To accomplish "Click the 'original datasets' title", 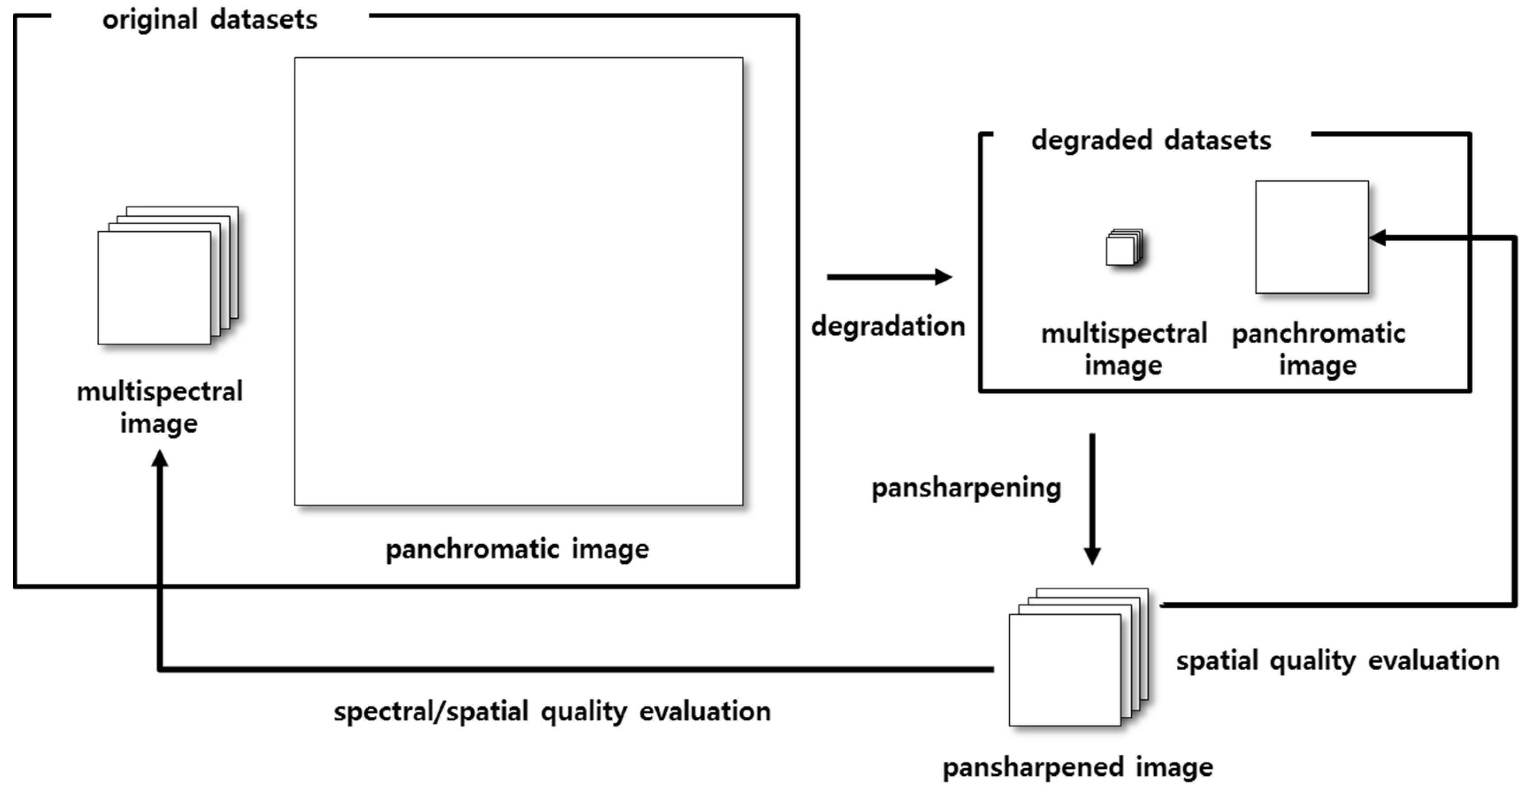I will [210, 19].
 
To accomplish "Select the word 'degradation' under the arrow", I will [888, 326].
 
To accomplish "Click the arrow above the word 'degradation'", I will [889, 277].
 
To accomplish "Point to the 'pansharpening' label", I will [966, 488].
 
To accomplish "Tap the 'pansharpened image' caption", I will [1077, 767].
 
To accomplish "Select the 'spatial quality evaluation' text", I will [1337, 661].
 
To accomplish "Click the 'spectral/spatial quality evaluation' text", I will [552, 711].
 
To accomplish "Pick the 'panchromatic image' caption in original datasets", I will [517, 549].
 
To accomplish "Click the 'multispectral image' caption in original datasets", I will [160, 407].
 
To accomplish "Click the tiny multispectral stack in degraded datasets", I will [1123, 248].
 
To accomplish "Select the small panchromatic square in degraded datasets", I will [1311, 237].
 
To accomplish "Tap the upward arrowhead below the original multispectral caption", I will [160, 459].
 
